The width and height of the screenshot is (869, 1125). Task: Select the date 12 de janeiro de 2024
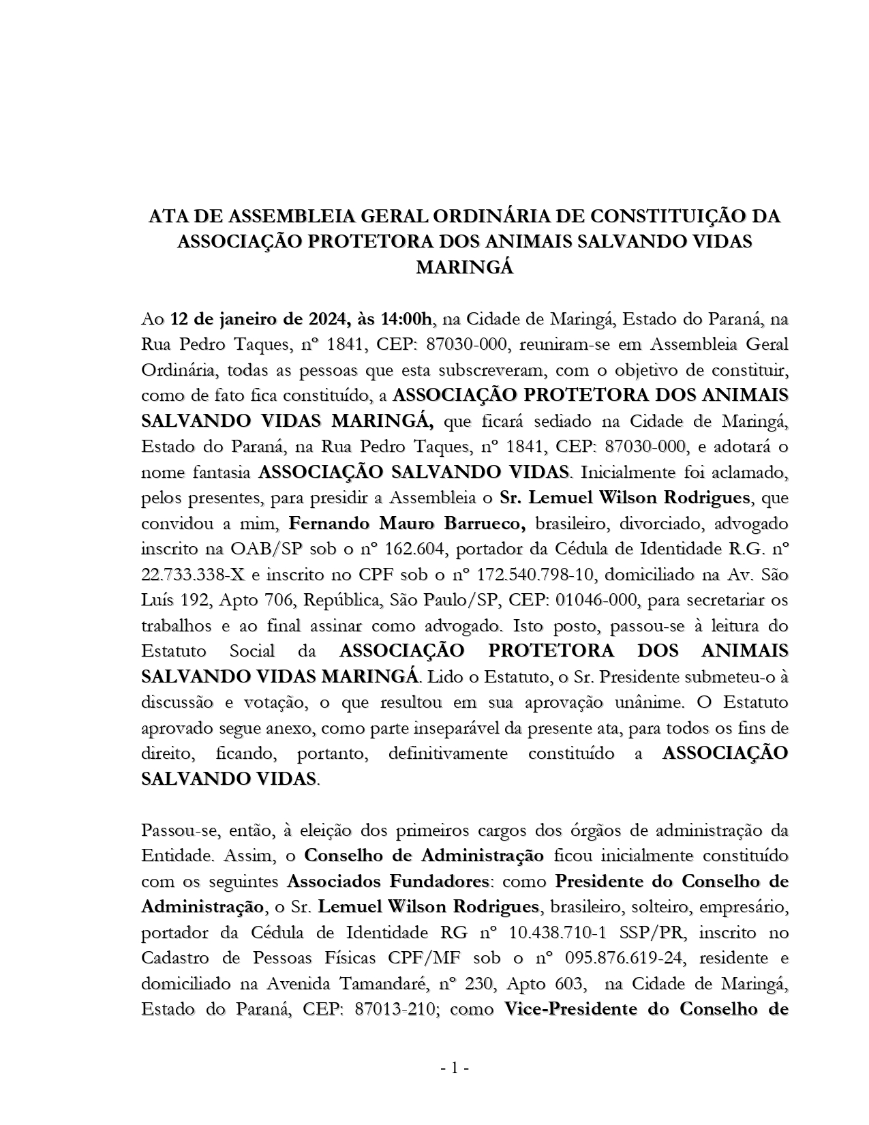258,319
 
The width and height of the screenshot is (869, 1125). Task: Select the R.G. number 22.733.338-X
193,575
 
